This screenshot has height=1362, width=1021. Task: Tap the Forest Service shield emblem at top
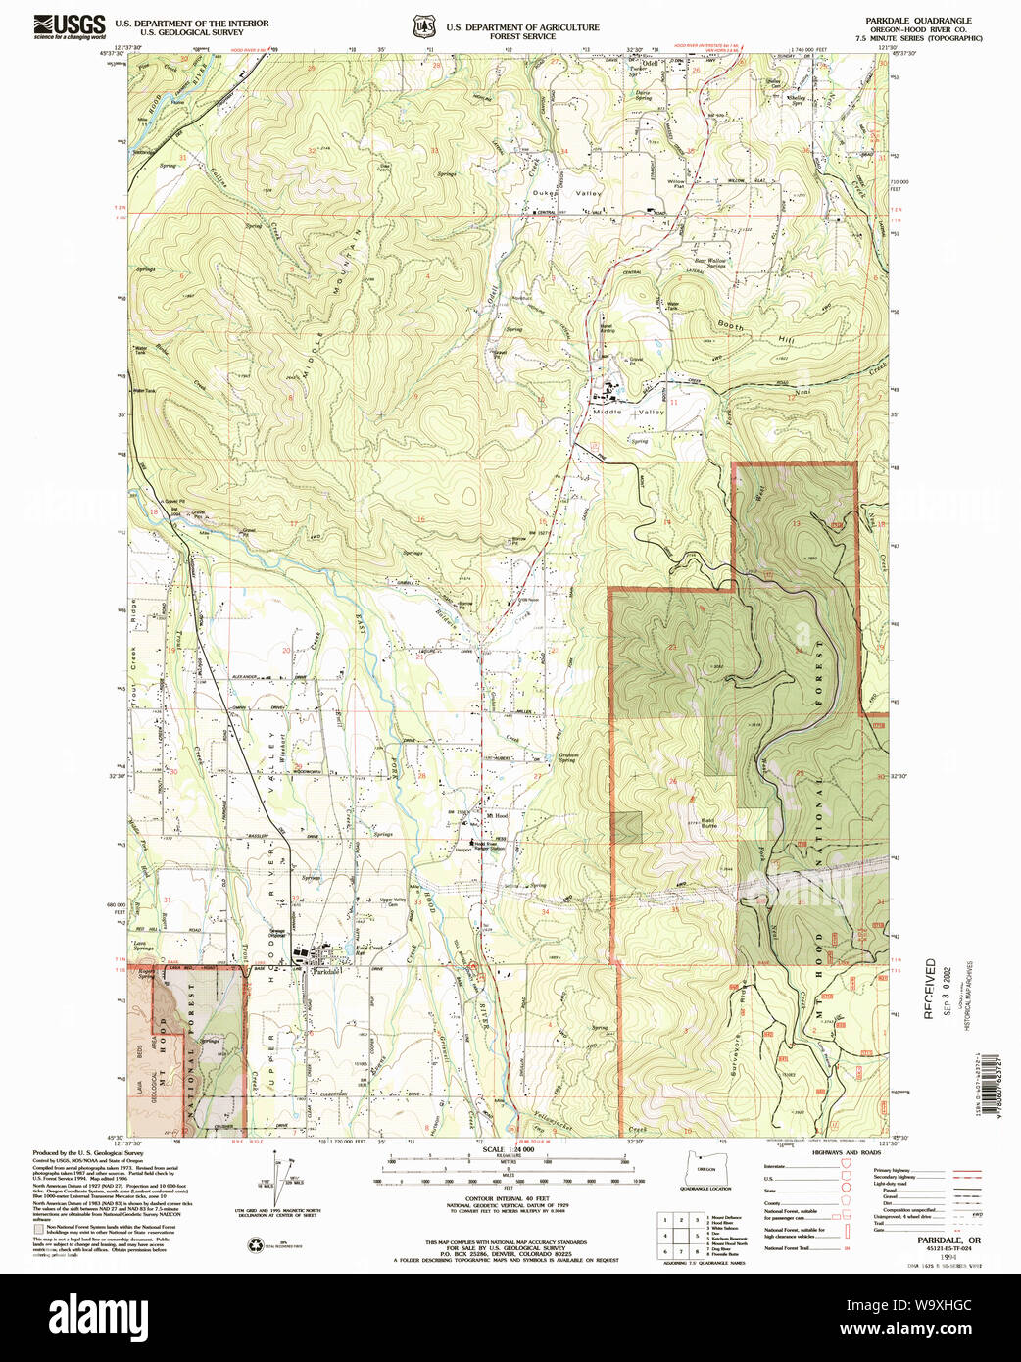point(422,26)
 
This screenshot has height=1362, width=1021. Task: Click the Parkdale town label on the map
point(324,972)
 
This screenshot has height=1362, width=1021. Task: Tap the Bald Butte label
point(708,824)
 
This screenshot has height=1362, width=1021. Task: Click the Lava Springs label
point(144,947)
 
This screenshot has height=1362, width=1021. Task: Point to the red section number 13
point(796,523)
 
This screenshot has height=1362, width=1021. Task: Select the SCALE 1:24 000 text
point(508,1149)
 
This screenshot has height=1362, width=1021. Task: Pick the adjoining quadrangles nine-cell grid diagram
point(678,1237)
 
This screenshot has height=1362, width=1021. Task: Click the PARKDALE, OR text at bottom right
point(942,1240)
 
